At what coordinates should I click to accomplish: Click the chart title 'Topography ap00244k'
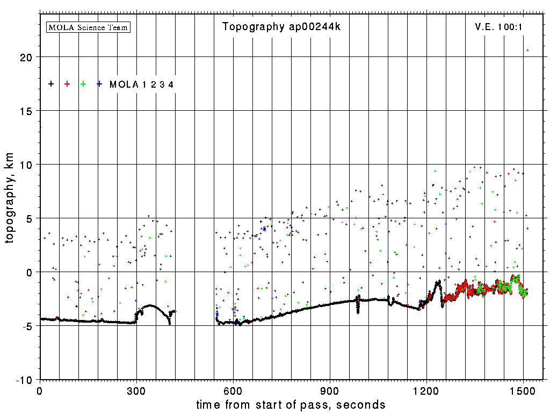pos(281,27)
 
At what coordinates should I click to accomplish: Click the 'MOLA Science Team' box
pos(89,27)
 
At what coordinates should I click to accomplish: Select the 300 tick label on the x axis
pos(136,391)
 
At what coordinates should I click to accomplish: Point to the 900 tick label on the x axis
pos(330,391)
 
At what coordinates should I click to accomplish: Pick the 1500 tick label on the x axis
pos(523,391)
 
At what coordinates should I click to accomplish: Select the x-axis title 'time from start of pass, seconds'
pos(291,404)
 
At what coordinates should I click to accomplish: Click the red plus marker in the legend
pos(67,84)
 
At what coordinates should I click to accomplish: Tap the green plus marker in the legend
pos(83,84)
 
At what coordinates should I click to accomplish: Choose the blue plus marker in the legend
pos(99,84)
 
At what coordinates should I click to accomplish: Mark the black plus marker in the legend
pos(51,84)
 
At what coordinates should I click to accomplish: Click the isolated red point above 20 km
pos(527,50)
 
